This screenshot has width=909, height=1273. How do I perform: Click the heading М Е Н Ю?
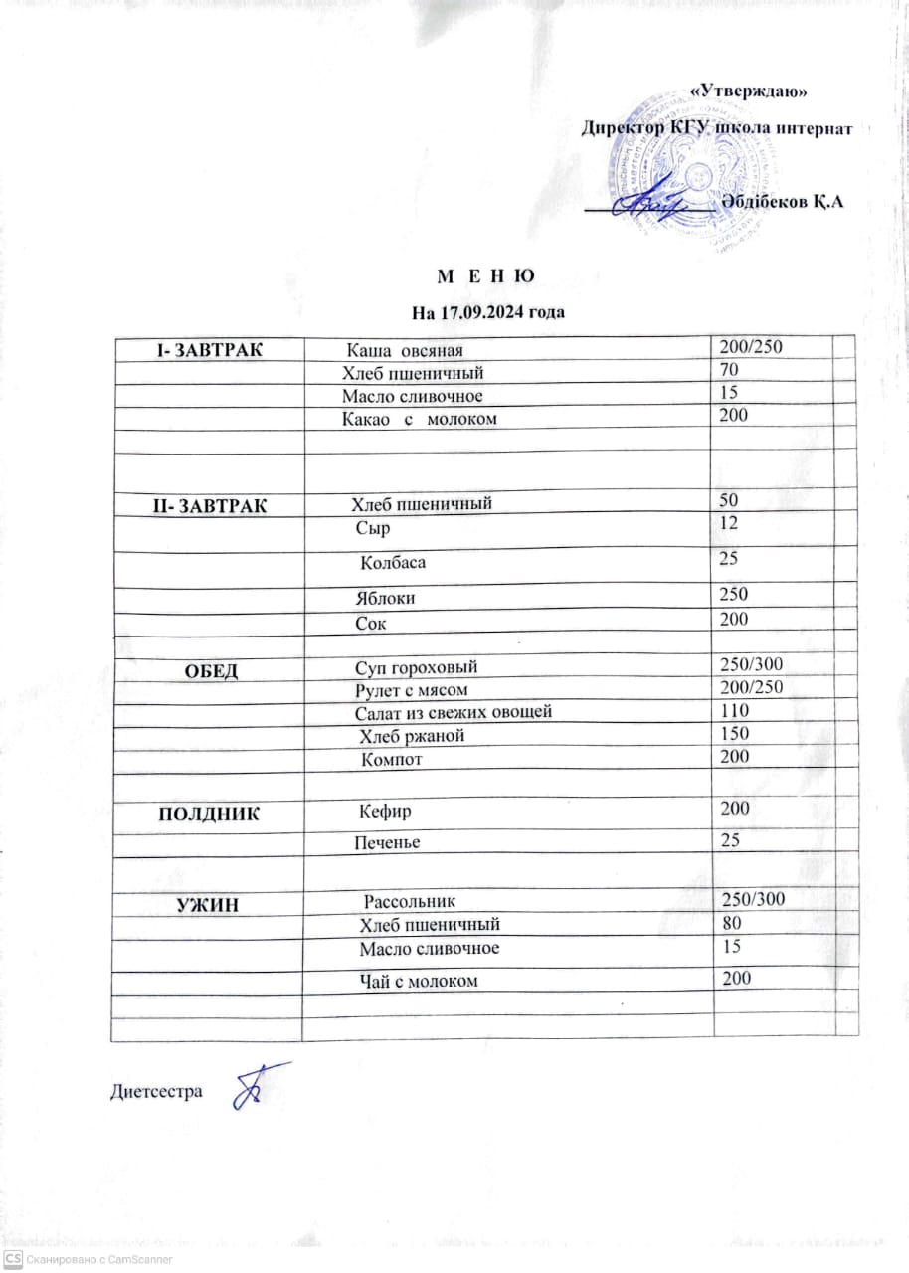(x=486, y=274)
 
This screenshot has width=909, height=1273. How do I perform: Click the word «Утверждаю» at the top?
(x=748, y=91)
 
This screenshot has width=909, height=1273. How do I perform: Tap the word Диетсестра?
(x=155, y=1091)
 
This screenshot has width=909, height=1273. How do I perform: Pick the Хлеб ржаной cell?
(x=411, y=736)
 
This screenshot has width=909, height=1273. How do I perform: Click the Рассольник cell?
(x=410, y=902)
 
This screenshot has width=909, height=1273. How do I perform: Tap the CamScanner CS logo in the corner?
(x=13, y=1258)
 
